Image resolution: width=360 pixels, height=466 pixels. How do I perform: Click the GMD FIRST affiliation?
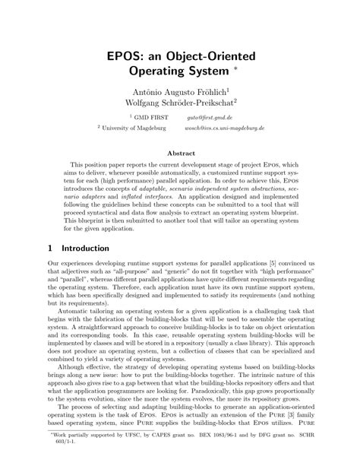click(150, 118)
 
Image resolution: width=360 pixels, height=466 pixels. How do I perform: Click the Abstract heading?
click(180, 152)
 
